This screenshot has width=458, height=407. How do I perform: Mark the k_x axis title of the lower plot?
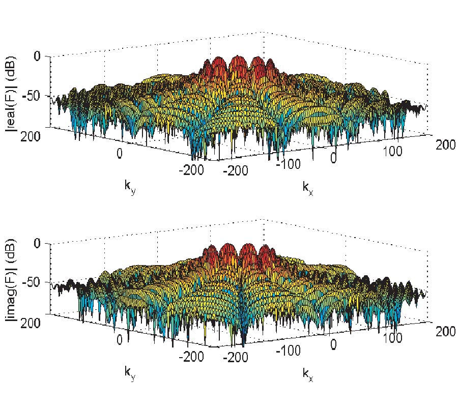(307, 373)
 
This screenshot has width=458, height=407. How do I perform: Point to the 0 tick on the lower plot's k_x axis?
(334, 345)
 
